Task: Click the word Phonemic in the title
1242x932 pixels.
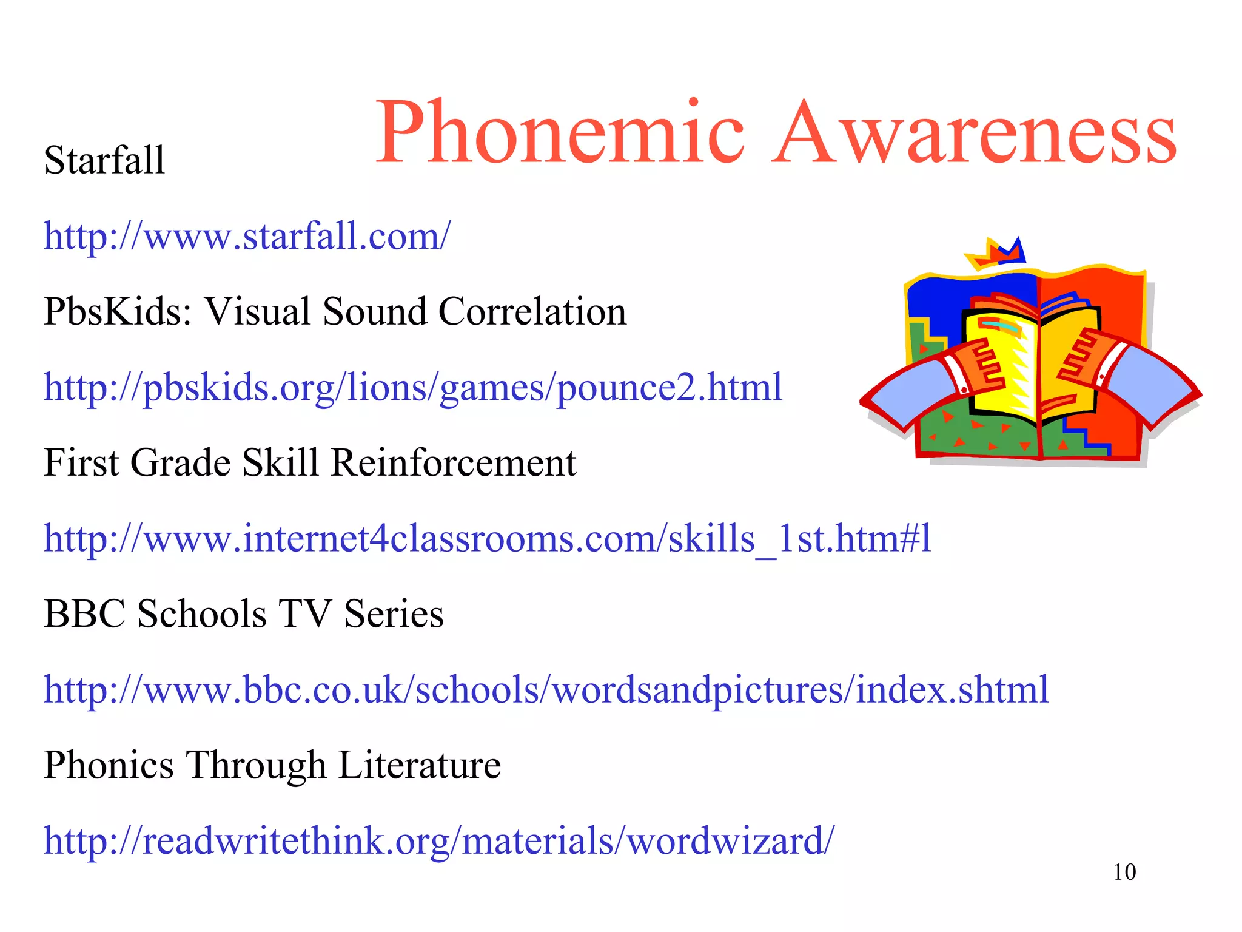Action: point(559,133)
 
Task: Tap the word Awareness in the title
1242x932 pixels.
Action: point(975,133)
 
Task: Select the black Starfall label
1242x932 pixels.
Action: point(104,160)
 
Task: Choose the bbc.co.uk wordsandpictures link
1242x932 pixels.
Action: point(546,689)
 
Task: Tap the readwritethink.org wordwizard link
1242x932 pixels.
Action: point(439,840)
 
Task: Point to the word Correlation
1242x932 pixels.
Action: point(532,312)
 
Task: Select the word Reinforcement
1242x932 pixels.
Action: point(454,463)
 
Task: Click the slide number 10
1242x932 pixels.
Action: point(1124,872)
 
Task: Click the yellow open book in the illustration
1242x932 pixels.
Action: point(1031,364)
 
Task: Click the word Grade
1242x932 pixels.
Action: point(180,463)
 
